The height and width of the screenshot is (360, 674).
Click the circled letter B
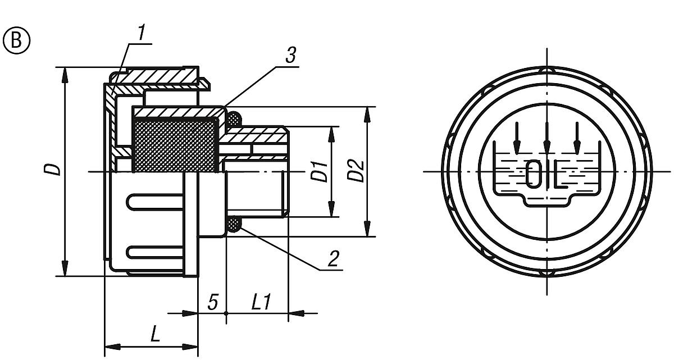pyautogui.click(x=15, y=42)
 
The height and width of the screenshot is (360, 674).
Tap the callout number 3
pyautogui.click(x=290, y=56)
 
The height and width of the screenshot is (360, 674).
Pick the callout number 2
pyautogui.click(x=333, y=258)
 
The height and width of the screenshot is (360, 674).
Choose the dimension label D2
pyautogui.click(x=356, y=171)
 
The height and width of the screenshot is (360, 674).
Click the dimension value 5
pyautogui.click(x=212, y=303)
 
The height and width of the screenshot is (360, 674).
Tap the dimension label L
pyautogui.click(x=156, y=335)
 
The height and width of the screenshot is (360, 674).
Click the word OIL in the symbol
pyautogui.click(x=547, y=175)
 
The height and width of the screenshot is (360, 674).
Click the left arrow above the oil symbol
pyautogui.click(x=517, y=138)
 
